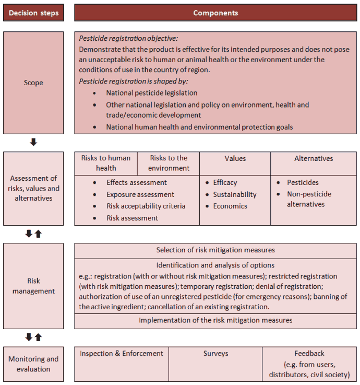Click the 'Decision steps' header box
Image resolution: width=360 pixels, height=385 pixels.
click(x=34, y=13)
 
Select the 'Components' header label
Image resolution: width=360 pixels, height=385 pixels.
click(x=215, y=13)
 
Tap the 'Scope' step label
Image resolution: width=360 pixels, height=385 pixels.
click(x=34, y=83)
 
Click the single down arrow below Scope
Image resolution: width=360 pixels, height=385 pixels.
click(x=33, y=142)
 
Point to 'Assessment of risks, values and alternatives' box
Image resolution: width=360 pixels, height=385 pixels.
click(x=34, y=188)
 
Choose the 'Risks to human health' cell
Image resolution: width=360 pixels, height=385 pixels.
click(x=106, y=163)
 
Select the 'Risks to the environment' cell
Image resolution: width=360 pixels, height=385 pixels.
click(x=169, y=163)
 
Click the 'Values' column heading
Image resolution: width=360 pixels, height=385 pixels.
click(x=235, y=158)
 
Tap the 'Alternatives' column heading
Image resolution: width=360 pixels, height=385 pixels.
click(x=314, y=158)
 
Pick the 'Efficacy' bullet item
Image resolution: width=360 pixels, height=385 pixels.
click(x=225, y=182)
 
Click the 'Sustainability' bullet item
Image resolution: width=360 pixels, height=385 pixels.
click(x=234, y=194)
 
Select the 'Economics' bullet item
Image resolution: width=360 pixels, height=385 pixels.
click(x=230, y=206)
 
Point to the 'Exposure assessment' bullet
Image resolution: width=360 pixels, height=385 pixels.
click(x=140, y=194)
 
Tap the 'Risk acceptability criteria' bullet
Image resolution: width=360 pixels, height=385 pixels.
click(x=146, y=206)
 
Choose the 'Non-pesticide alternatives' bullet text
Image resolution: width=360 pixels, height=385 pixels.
click(x=309, y=199)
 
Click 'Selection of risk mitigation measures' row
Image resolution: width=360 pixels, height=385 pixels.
click(x=215, y=250)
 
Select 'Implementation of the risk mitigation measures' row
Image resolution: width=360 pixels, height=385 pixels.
click(x=215, y=320)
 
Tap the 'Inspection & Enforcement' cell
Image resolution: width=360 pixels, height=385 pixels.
click(x=122, y=354)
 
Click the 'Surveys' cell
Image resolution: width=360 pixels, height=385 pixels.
click(x=215, y=354)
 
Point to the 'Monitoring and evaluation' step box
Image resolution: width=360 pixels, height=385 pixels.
click(x=34, y=364)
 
